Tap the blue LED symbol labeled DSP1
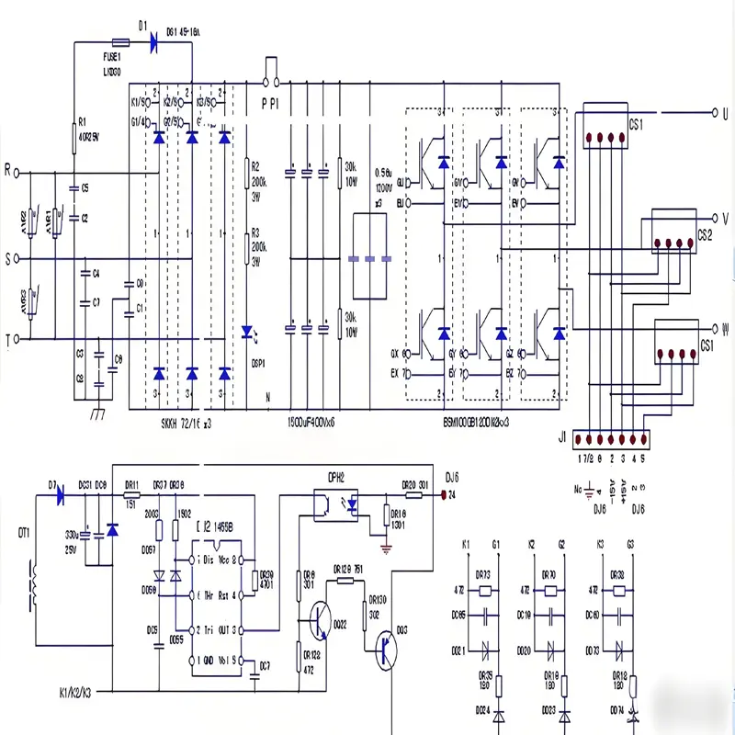tap(246, 331)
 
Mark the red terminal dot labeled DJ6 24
tap(445, 494)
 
